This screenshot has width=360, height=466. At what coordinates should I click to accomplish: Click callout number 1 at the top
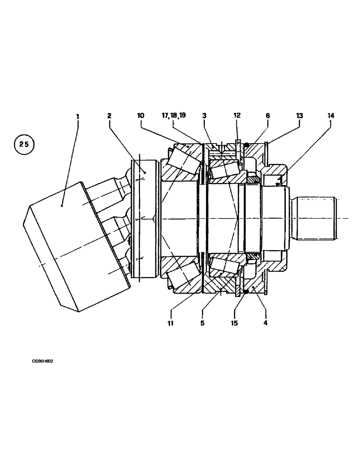tap(77, 115)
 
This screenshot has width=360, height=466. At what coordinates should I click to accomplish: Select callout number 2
tap(109, 115)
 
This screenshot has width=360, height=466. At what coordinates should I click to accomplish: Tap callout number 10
tap(140, 115)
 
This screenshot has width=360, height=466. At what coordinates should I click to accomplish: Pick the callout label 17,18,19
tap(173, 115)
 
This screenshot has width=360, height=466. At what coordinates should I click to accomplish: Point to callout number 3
tap(204, 115)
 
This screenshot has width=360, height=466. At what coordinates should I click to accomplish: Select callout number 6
tap(268, 115)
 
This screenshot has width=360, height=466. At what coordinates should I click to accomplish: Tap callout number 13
tap(299, 115)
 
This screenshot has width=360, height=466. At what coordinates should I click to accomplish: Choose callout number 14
tap(331, 115)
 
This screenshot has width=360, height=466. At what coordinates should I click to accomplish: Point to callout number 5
tap(202, 322)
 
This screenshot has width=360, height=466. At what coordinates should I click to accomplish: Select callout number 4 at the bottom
tap(265, 322)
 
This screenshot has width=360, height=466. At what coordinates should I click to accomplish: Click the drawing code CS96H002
tap(43, 361)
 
